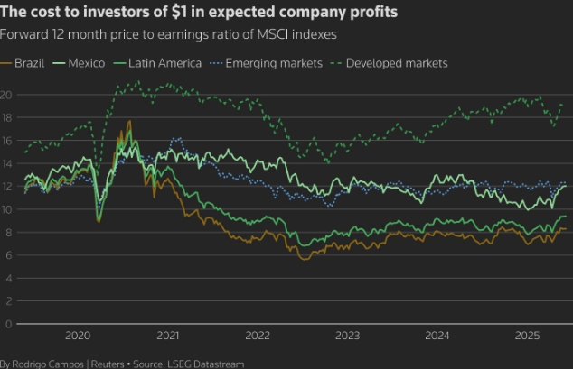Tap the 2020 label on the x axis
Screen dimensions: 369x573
coord(78,336)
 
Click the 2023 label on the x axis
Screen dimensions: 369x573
coord(347,336)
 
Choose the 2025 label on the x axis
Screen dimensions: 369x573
coord(527,336)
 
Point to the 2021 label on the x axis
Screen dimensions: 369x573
coord(167,336)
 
